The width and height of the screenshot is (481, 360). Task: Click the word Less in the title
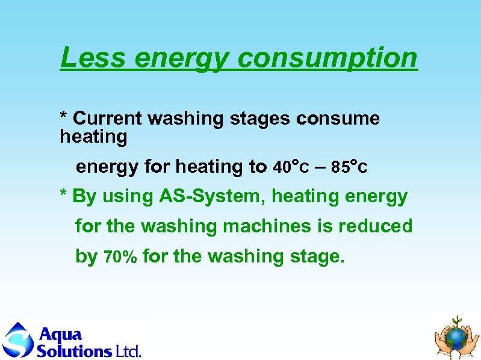(92, 58)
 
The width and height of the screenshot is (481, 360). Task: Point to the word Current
(108, 119)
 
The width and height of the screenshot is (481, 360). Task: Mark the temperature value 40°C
(291, 167)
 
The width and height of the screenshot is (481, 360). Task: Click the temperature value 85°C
(349, 167)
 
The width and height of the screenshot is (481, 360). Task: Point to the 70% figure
(121, 258)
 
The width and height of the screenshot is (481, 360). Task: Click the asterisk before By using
(63, 196)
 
